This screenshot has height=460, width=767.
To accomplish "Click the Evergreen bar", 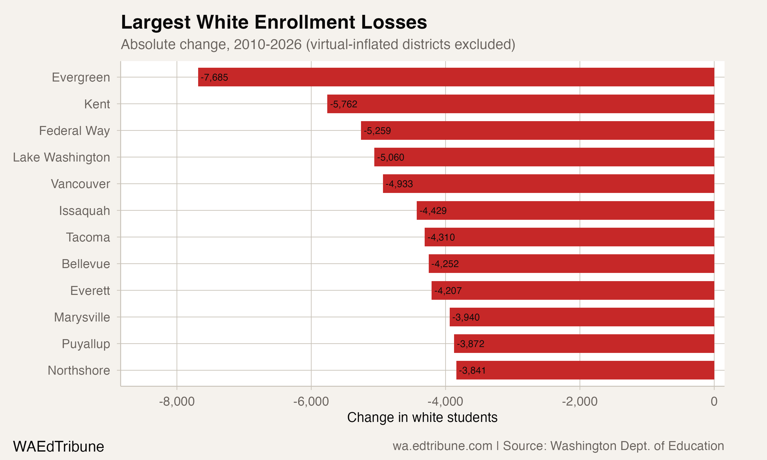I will (x=456, y=77).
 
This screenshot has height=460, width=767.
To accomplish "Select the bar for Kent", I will (x=521, y=104).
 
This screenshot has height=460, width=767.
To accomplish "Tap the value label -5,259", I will (x=377, y=131).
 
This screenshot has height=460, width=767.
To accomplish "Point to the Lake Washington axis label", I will (x=61, y=157).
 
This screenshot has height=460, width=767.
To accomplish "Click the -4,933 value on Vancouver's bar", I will (x=399, y=184).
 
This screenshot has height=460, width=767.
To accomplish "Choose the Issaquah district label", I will (x=84, y=211).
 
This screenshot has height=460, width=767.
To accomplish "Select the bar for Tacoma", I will (x=569, y=237).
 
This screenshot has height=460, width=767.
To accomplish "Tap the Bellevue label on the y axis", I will (x=86, y=264).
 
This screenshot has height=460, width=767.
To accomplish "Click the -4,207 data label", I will (x=448, y=291).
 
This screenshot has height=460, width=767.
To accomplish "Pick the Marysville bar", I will (x=582, y=317).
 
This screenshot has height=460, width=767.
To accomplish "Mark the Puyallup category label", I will (x=86, y=344).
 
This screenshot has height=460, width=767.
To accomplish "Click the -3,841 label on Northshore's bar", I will (x=472, y=370).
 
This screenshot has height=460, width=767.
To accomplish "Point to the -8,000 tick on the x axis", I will (x=177, y=401).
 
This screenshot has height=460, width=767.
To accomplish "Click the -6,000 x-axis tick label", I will (x=311, y=401).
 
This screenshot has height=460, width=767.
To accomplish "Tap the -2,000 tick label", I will (x=579, y=401).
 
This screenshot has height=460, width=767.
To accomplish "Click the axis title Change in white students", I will (x=422, y=417).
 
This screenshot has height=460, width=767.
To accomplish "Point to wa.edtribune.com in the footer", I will (x=442, y=446).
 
